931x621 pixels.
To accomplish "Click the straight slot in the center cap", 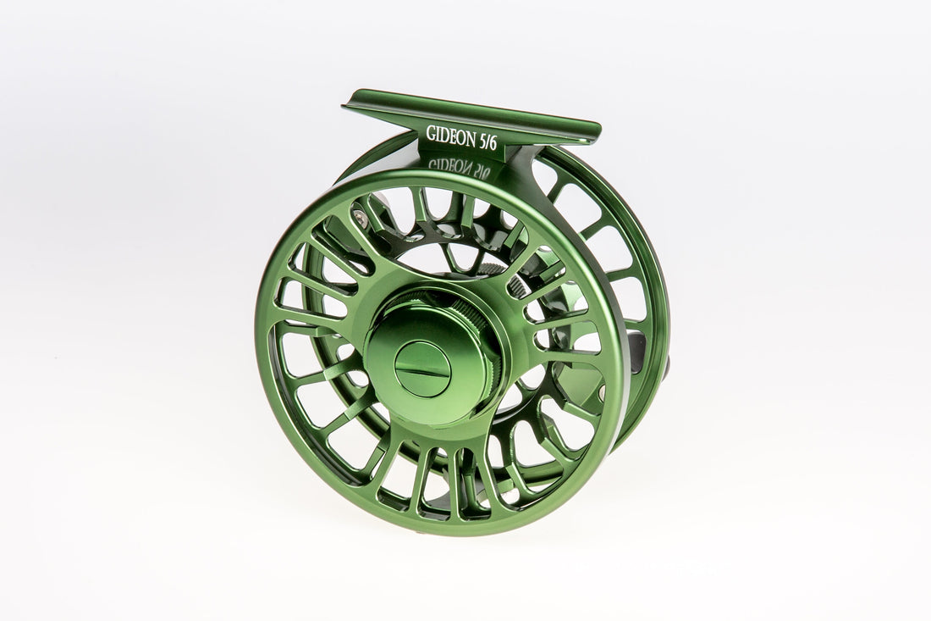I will click(422, 369).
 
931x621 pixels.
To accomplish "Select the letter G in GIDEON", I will click(432, 134).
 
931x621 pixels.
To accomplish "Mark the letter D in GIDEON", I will click(445, 134).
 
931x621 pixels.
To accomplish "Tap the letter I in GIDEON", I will click(438, 134).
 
